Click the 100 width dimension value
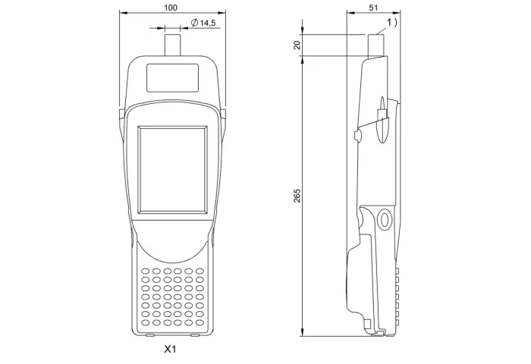pos(171,8)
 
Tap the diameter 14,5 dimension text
pos(203,23)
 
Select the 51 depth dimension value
pos(373,8)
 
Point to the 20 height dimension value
pos(297,45)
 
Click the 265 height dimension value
pos(297,196)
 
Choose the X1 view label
pos(170,349)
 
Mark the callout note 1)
pos(392,22)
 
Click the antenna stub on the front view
pos(172,45)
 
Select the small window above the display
pos(172,77)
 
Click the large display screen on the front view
pos(173,170)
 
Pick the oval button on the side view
pos(385,218)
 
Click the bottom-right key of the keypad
pos(200,323)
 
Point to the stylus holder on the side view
pos(382,121)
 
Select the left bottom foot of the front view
pos(150,335)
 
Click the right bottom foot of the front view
pos(195,335)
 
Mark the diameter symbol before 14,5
pos(194,23)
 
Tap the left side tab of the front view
pos(121,115)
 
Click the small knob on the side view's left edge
pos(357,135)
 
